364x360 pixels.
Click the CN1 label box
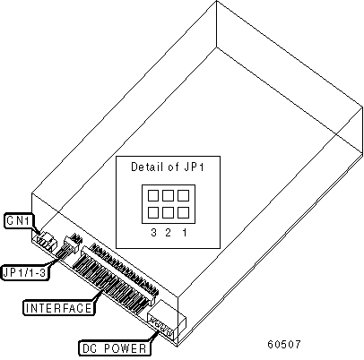[x=18, y=221]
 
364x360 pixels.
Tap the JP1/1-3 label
[x=25, y=272]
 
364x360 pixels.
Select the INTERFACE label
[x=59, y=307]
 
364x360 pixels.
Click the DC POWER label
[x=115, y=348]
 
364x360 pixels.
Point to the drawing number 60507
[x=284, y=344]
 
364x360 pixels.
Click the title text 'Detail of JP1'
[x=168, y=167]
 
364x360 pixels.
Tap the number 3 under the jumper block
[x=153, y=232]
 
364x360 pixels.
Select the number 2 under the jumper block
[x=169, y=232]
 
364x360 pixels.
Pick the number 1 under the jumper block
[x=185, y=232]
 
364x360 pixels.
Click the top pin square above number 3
[x=153, y=196]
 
